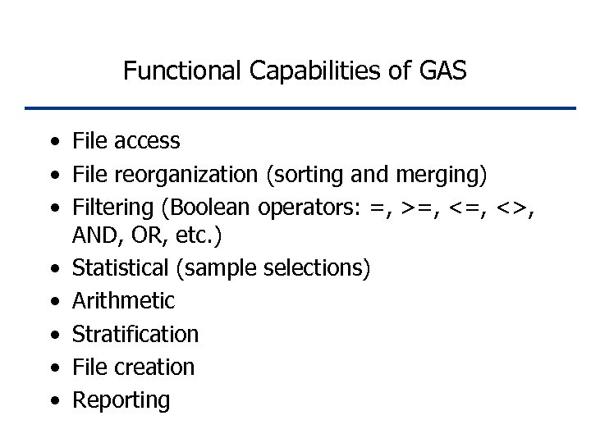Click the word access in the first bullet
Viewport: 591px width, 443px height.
[x=147, y=141]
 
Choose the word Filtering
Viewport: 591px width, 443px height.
[x=109, y=208]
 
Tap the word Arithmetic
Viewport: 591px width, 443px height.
[x=123, y=301]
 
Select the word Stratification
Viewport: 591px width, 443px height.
[x=135, y=335]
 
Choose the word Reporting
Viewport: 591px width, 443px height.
[x=121, y=401]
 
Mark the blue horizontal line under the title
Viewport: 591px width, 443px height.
[x=300, y=107]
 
